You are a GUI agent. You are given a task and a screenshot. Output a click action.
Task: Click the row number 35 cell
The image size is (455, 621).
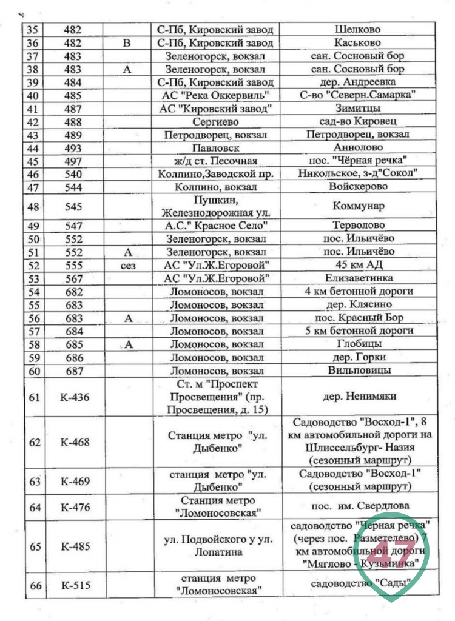coord(34,29)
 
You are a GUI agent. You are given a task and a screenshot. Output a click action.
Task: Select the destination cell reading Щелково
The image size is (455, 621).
coord(357,29)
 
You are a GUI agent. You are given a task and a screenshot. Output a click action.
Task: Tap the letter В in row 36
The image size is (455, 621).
coord(127,42)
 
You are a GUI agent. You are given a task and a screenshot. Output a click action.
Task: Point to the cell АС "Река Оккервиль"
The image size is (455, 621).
coord(215,96)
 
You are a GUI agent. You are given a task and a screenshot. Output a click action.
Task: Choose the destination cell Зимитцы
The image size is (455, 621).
coord(357,109)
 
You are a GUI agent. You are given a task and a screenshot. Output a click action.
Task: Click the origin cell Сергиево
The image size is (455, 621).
coord(215,122)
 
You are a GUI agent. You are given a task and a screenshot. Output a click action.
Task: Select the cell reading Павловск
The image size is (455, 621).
coord(215,148)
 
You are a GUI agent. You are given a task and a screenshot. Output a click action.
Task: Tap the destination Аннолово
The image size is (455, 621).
coord(357,148)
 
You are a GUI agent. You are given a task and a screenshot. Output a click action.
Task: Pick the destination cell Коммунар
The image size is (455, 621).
coord(357,206)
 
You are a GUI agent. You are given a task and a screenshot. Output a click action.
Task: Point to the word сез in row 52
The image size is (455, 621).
coord(127,265)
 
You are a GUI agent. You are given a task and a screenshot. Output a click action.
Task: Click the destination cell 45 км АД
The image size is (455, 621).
coord(357,265)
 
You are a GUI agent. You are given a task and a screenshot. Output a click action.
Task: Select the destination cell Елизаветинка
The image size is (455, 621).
coord(357,278)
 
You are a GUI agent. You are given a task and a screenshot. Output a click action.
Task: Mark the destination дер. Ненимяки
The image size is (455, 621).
coord(357,397)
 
